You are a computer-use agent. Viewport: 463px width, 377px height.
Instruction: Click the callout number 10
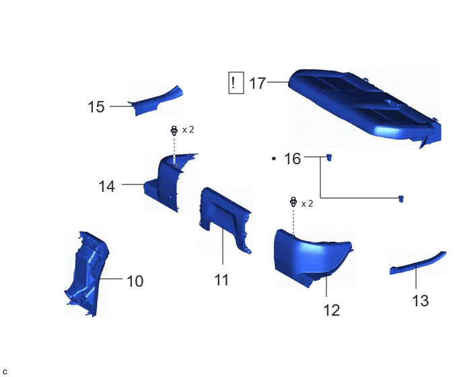pos(135,281)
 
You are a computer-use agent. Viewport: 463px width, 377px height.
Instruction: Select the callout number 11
pos(221,280)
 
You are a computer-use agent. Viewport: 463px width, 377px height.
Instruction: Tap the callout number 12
pos(332,310)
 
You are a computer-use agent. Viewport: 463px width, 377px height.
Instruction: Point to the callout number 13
pos(420,301)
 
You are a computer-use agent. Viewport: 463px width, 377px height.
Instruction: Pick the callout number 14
pos(106,186)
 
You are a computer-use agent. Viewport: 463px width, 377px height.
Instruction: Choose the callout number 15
pos(96,107)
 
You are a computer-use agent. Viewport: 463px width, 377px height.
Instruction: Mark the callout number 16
pos(292,159)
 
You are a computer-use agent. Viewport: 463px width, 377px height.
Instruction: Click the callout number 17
pos(258,83)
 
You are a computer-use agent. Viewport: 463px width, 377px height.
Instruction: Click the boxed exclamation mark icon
pos(236,83)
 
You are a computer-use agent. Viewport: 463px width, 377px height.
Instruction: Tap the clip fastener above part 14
pos(174,131)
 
